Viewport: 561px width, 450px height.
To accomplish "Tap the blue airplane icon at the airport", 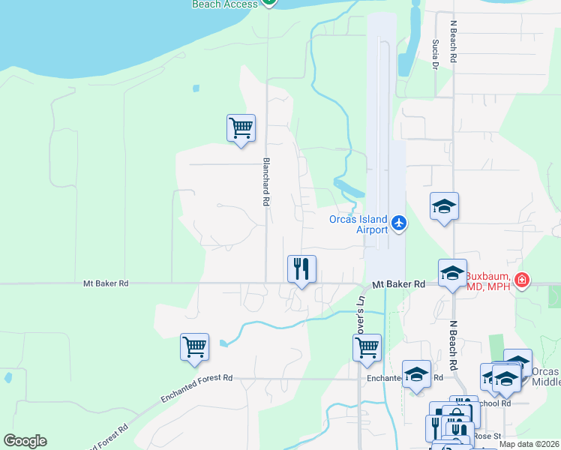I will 398,223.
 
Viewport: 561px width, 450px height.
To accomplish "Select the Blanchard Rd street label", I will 265,181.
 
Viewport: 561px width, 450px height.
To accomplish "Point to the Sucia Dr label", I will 434,54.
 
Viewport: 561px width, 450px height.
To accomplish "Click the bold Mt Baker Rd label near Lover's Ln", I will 398,284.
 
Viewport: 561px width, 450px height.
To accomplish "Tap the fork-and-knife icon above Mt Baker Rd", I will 301,268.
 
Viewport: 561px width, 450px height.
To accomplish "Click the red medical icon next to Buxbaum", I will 522,281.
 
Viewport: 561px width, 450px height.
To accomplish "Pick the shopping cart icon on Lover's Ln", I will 367,347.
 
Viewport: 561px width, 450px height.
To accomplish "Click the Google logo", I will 25,441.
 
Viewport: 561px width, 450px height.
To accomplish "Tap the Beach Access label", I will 225,4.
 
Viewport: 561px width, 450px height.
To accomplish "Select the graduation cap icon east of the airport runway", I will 444,206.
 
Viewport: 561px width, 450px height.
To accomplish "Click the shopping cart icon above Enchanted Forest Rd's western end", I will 194,346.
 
